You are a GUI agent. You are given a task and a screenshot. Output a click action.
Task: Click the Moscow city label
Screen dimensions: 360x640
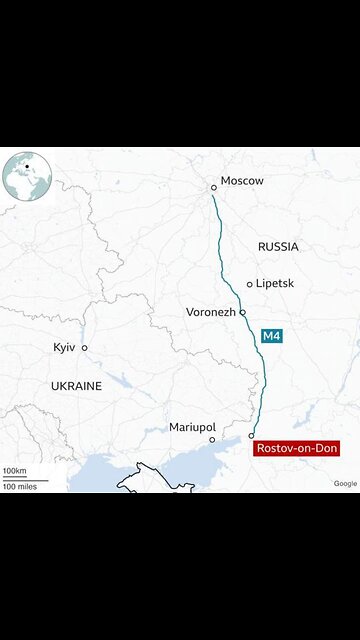(242, 181)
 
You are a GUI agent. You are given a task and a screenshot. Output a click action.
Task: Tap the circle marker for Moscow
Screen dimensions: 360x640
(213, 187)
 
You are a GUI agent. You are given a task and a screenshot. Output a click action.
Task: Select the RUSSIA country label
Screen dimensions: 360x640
(278, 246)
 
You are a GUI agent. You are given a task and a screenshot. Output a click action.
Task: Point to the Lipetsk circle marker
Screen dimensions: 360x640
(250, 284)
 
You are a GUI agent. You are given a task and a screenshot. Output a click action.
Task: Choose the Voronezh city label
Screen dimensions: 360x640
(211, 312)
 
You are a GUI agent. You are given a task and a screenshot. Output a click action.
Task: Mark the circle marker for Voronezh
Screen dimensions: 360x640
(242, 312)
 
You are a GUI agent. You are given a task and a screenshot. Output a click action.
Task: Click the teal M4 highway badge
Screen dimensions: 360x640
(270, 337)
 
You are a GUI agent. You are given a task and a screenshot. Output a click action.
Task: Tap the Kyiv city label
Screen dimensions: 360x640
(64, 347)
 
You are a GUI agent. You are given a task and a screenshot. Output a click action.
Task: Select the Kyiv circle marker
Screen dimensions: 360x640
(84, 348)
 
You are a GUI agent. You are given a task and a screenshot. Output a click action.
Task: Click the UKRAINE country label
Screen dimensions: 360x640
(76, 385)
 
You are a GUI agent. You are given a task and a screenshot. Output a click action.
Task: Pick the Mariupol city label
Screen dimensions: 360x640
(193, 426)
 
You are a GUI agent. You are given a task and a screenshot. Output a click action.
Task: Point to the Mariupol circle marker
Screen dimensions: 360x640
(211, 439)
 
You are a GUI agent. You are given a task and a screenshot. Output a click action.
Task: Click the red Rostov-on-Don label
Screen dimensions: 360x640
(296, 449)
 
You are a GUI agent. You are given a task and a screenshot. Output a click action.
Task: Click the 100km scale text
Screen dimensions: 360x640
(14, 470)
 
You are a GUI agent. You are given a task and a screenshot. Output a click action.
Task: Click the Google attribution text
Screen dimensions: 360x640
(345, 483)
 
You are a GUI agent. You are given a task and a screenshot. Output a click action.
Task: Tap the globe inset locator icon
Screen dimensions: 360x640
(26, 176)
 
